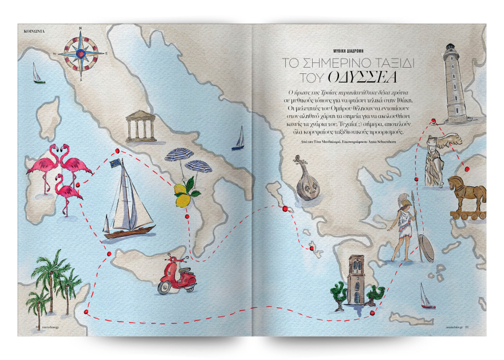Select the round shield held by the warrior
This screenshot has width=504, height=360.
tap(427, 247)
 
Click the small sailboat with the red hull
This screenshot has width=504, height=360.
tap(424, 296)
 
